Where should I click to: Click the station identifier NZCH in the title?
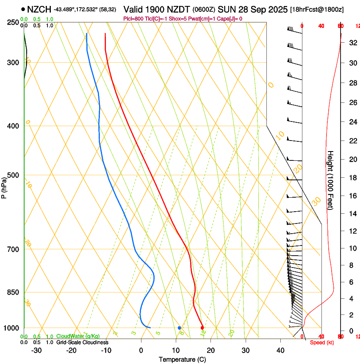[39, 9]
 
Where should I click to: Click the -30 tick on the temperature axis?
[36, 350]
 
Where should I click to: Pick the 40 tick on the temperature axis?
[280, 350]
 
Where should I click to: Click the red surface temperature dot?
[202, 328]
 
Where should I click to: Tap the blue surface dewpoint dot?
[180, 328]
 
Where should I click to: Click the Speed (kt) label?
[321, 342]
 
